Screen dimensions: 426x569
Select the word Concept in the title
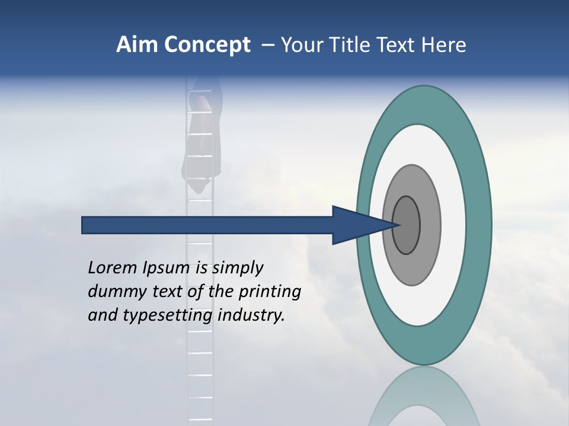pos(207,45)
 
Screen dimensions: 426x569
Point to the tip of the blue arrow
pos(398,225)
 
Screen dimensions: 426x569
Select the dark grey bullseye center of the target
pos(407,225)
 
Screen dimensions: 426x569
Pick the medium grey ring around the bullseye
pos(430,225)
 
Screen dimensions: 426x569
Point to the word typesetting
pos(167,316)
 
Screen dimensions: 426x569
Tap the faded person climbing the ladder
pos(204,136)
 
